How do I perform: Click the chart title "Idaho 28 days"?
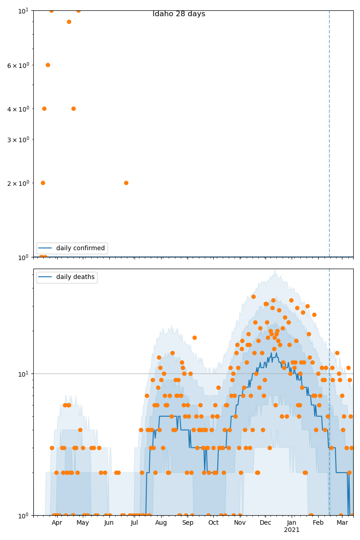click(179, 14)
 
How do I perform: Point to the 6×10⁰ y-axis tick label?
click(18, 65)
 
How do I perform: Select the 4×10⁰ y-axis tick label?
click(18, 109)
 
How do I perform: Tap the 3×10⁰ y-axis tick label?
click(18, 139)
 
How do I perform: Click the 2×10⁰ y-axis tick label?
click(18, 183)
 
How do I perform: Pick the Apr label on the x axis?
click(57, 522)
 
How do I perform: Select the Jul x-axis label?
click(135, 522)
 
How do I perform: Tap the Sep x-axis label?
click(188, 522)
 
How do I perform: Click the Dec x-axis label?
click(265, 522)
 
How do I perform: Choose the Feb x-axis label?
click(318, 522)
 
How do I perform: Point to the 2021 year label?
click(292, 530)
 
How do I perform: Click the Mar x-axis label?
click(342, 522)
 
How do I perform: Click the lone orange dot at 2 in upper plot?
click(126, 183)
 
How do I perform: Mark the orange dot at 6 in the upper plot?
click(48, 65)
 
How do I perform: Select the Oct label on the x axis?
click(213, 522)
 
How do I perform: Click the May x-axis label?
click(83, 522)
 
